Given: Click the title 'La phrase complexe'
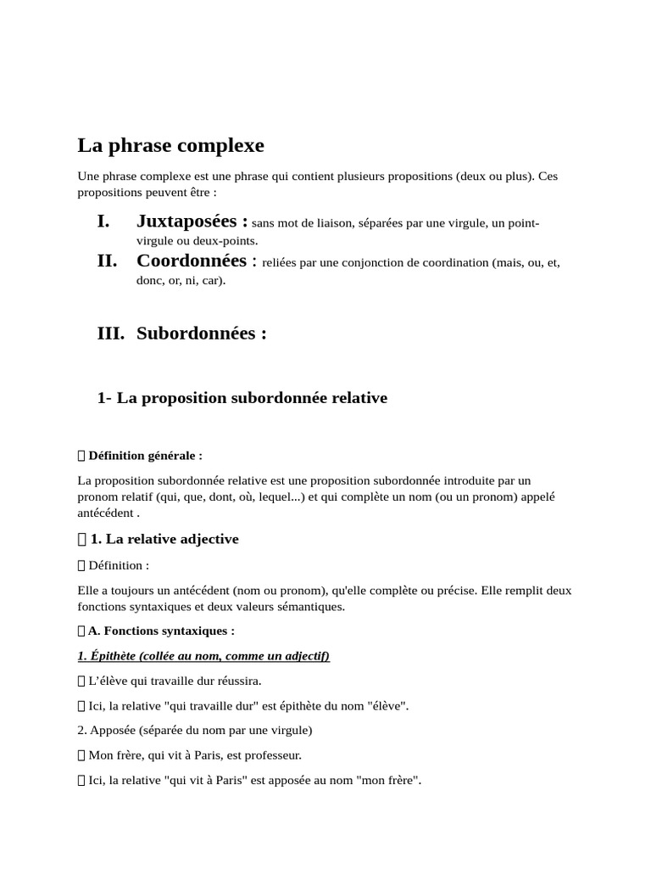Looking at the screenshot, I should (170, 145).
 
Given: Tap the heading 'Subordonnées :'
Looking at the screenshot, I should (202, 333).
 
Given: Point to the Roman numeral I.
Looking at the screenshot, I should (103, 221).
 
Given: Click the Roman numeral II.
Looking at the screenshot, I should (107, 261).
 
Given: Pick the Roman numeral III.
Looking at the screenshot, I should (111, 333).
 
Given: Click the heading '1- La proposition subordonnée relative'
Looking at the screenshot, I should (242, 397).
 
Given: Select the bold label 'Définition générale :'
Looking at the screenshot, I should (145, 456).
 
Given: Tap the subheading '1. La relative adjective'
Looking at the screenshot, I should (164, 539).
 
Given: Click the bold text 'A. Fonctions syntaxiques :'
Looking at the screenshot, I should (161, 631).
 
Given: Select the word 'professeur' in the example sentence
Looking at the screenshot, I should (272, 754).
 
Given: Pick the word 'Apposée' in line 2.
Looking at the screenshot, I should (111, 730).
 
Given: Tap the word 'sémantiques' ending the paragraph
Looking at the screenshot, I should (314, 606).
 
